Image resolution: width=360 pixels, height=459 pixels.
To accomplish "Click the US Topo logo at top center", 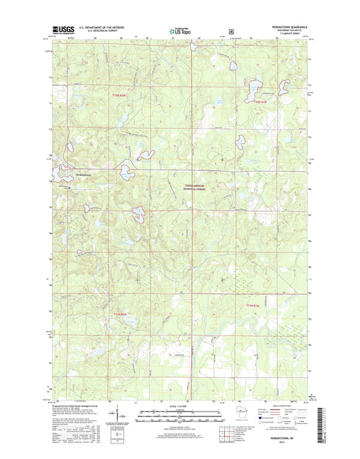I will point(179,29).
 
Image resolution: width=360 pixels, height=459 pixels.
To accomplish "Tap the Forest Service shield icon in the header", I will point(231,30).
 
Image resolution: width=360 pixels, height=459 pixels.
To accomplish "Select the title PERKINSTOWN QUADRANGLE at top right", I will point(281,27).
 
